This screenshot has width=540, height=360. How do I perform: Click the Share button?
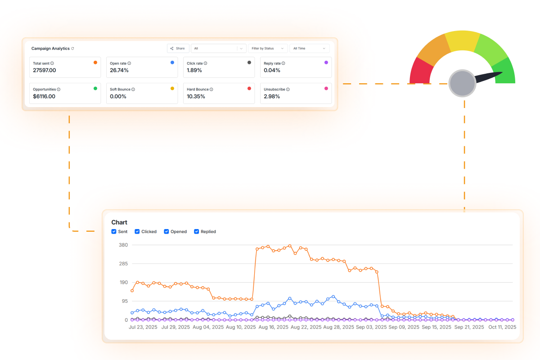178,48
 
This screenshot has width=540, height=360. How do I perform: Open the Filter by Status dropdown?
268,48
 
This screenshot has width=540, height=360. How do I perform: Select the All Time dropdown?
309,48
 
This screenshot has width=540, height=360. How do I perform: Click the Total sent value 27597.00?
45,70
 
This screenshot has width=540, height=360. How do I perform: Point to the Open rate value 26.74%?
119,70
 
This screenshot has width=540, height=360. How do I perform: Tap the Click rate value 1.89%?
194,70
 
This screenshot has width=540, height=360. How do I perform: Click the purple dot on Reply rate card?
326,63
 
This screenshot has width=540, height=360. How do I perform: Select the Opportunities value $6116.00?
44,96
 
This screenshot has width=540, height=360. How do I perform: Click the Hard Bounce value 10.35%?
196,96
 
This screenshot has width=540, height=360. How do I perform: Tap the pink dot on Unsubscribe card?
326,89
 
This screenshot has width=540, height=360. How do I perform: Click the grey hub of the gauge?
462,83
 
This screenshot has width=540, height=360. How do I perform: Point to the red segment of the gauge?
420,72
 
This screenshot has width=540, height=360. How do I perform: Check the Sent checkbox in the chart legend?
114,232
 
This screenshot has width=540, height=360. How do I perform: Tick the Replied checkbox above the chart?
197,232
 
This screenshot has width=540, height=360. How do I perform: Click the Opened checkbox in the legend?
166,232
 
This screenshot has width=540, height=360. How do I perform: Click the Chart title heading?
119,222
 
